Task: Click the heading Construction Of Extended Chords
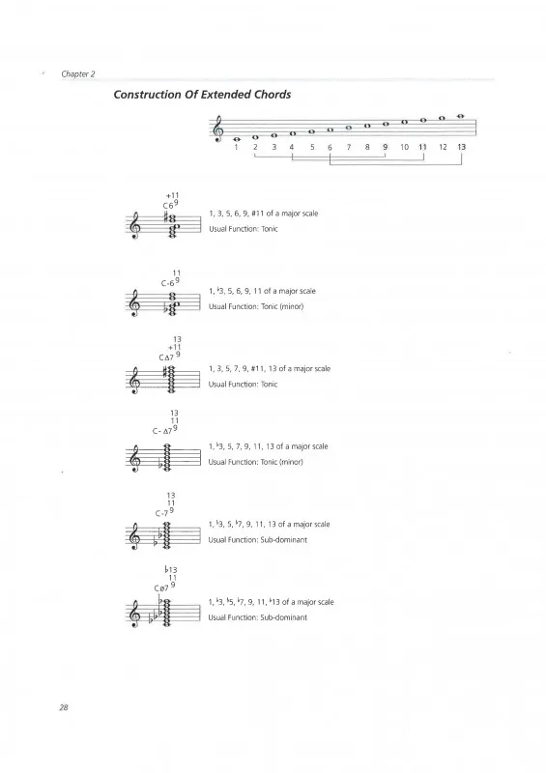click(x=202, y=95)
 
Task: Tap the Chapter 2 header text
click(x=78, y=74)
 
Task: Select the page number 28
click(x=64, y=707)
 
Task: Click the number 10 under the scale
click(x=405, y=147)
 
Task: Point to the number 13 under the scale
click(x=461, y=147)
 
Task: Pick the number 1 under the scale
click(x=236, y=147)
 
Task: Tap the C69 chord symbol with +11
click(x=171, y=202)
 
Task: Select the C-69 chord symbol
click(x=171, y=279)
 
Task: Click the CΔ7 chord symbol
click(x=171, y=349)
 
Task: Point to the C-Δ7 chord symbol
click(x=165, y=422)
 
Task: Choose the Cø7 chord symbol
click(x=165, y=579)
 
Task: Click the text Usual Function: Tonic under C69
click(x=244, y=229)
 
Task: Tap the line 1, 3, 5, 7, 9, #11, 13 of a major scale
click(x=270, y=369)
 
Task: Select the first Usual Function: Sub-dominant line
click(x=257, y=540)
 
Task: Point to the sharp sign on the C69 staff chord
click(x=167, y=216)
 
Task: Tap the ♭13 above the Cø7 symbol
click(x=171, y=570)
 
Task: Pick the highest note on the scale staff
click(x=461, y=116)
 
